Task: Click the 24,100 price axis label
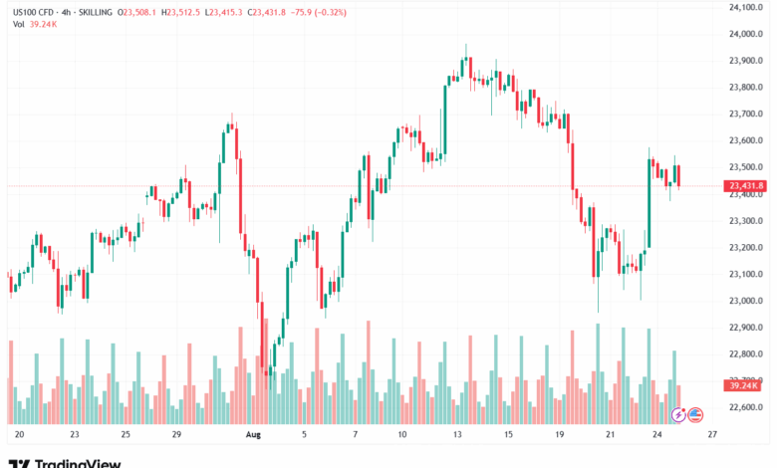tap(745, 7)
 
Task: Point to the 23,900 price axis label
tap(745, 61)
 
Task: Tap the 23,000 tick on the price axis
tap(745, 301)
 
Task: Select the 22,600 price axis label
tap(745, 407)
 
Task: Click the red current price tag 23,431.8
tap(746, 186)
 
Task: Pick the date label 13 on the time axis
tap(457, 435)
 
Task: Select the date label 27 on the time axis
tap(712, 435)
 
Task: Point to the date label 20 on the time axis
tap(19, 435)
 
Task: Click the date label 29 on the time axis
tap(175, 435)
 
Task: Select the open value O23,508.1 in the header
tap(136, 13)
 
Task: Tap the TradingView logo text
tap(78, 463)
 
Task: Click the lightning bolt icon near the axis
tap(679, 413)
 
